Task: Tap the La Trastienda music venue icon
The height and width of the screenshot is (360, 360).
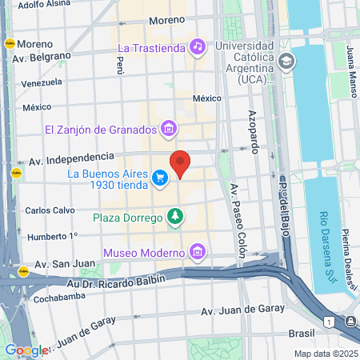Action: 198,47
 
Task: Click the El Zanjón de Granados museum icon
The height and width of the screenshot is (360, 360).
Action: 169,128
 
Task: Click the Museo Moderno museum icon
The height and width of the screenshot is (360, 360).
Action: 198,254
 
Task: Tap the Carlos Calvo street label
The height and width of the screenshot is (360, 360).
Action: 50,210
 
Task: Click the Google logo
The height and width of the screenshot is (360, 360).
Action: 26,350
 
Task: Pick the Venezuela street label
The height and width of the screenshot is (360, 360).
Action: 42,82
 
